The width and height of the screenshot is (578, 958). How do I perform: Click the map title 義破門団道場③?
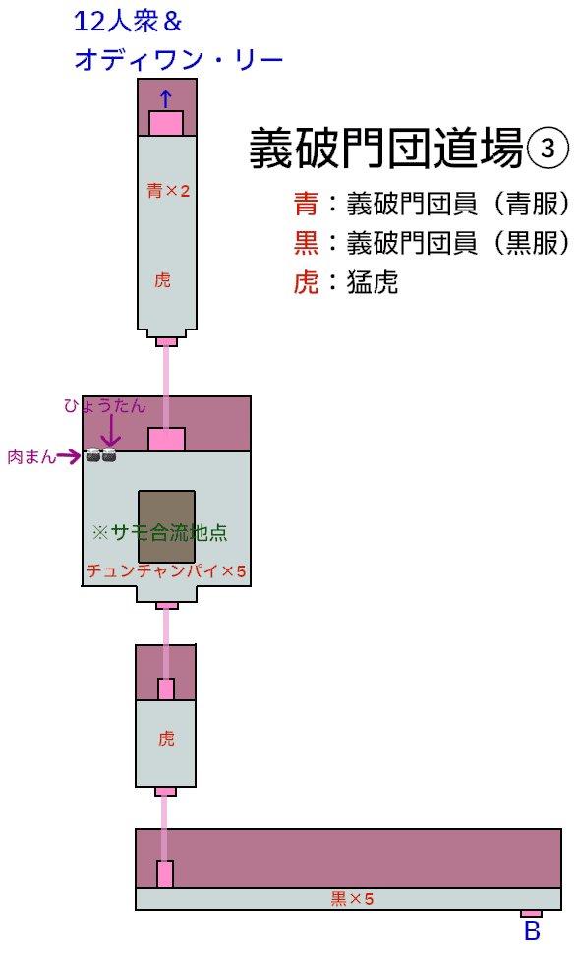(x=409, y=149)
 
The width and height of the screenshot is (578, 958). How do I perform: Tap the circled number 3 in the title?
(x=548, y=149)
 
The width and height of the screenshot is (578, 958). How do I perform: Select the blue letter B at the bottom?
(x=532, y=930)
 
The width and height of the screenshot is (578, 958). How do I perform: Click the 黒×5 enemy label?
(x=352, y=898)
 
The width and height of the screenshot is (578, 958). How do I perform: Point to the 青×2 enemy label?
(x=168, y=191)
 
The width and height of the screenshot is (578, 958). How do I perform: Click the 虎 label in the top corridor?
(x=162, y=279)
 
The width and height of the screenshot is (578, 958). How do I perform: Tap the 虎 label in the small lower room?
(x=166, y=738)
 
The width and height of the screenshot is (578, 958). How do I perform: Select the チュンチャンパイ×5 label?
(x=166, y=571)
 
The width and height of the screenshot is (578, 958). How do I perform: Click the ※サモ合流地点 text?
(x=160, y=533)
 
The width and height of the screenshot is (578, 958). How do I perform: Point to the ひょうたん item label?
(x=105, y=405)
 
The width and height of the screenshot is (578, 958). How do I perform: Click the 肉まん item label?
(x=31, y=456)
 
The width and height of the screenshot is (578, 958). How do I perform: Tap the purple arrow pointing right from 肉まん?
(x=69, y=456)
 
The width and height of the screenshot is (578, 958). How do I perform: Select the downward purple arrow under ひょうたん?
(x=111, y=431)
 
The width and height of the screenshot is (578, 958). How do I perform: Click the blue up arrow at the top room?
(x=165, y=99)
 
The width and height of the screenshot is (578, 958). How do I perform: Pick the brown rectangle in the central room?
(x=167, y=526)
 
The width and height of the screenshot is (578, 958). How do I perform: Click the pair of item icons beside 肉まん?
(x=100, y=454)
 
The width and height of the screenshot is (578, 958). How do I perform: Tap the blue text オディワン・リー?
(x=179, y=60)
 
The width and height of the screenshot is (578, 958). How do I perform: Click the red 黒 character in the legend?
(x=306, y=243)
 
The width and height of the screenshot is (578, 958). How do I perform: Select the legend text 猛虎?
(x=373, y=282)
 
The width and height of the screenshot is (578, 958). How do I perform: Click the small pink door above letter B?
(x=531, y=914)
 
